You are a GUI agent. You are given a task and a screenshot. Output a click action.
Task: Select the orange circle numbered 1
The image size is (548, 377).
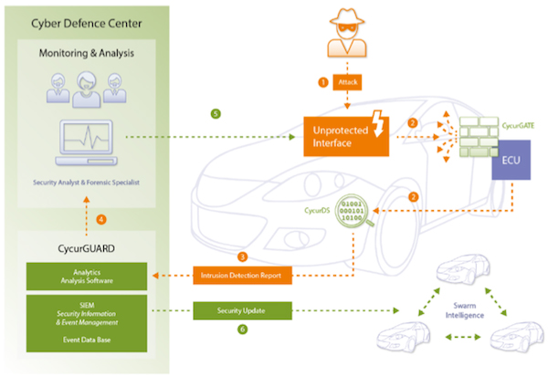coord(321,82)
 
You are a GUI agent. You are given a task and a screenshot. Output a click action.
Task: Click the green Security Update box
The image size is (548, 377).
coord(242,311)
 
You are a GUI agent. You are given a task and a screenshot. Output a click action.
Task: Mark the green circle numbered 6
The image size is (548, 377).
coord(242,329)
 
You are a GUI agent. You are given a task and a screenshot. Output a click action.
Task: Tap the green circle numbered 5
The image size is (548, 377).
coord(215,113)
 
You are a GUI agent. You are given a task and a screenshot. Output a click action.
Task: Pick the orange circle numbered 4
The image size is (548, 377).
coord(100,219)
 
